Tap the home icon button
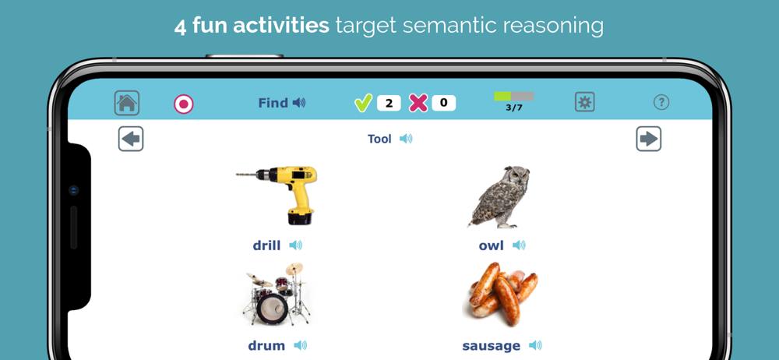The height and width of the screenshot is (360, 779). point(127,103)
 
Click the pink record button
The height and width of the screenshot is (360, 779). point(184,104)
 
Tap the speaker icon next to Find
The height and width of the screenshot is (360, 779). point(298,103)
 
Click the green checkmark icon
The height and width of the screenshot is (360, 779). point(363,103)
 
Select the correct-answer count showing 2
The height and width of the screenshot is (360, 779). point(389,103)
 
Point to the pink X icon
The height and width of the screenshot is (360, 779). point(418,103)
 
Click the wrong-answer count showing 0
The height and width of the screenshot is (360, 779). point(444,103)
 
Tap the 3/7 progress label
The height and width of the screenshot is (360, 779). point(513,108)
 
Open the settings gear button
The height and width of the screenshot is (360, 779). point(585,102)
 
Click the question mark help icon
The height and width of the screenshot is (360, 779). point(661,102)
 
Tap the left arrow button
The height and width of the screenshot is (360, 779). point(131,139)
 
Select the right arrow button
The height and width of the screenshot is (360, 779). point(649,139)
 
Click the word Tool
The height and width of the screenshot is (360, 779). point(379,139)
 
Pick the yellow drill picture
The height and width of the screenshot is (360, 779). point(277,196)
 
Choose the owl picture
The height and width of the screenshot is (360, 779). point(499,197)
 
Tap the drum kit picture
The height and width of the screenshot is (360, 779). point(277,294)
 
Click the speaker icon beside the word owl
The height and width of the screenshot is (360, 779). point(519,245)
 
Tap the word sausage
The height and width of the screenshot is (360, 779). point(492,345)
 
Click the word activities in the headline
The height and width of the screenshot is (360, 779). point(281,26)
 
